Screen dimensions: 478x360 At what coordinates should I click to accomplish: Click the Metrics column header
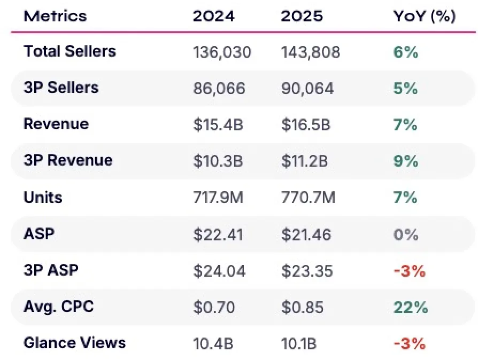[55, 16]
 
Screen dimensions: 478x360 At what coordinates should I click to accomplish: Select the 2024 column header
[214, 16]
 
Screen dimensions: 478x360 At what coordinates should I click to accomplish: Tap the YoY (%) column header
[425, 16]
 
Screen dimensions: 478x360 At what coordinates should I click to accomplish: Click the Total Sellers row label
[70, 51]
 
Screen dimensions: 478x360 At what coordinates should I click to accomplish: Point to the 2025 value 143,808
[311, 52]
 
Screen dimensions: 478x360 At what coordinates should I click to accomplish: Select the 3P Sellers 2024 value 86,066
[219, 88]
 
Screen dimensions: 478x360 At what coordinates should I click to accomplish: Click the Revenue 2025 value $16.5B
[306, 125]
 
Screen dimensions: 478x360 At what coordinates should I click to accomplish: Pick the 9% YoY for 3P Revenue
[406, 161]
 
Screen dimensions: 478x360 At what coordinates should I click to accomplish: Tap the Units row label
[43, 198]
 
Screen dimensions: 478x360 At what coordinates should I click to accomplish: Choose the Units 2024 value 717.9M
[218, 198]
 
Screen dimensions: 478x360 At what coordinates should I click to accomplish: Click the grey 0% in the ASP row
[406, 234]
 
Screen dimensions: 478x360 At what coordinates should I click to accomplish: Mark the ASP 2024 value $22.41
[218, 234]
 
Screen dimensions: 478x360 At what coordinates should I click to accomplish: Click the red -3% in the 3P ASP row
[410, 271]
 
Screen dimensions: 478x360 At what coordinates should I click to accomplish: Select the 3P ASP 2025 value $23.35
[307, 271]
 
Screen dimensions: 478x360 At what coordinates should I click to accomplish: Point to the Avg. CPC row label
[59, 307]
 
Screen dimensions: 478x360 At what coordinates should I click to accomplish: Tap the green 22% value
[411, 307]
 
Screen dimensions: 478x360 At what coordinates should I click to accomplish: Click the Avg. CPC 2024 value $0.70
[214, 307]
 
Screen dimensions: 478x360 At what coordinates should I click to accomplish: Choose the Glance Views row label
[75, 343]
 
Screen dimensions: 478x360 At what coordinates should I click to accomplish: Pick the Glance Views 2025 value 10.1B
[299, 344]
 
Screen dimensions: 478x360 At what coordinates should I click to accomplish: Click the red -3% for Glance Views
[410, 344]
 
